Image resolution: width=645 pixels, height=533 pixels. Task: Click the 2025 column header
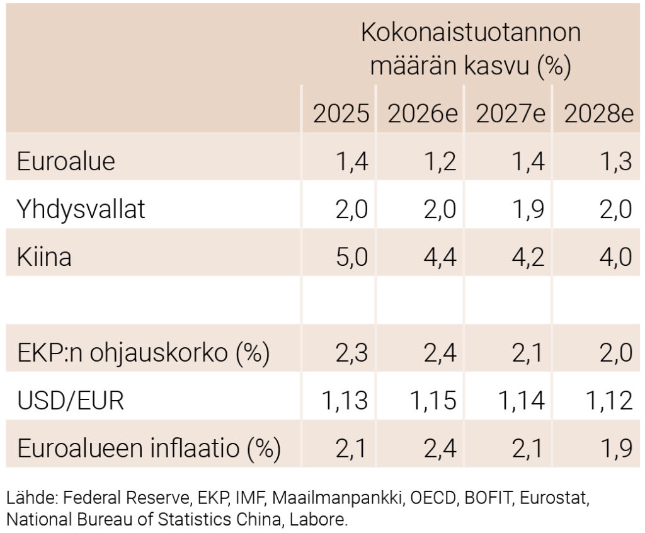click(x=341, y=114)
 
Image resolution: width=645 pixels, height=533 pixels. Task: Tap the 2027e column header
click(x=510, y=114)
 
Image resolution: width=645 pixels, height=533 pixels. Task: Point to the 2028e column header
click(x=598, y=114)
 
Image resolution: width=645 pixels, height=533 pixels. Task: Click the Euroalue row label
click(x=66, y=161)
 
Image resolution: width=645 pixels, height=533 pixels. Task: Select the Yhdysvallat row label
click(x=81, y=209)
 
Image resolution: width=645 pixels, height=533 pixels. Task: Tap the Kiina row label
click(x=44, y=257)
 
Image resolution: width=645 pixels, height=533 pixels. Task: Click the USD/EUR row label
click(x=71, y=401)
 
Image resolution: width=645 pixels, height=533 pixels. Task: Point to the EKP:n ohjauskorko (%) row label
click(x=143, y=353)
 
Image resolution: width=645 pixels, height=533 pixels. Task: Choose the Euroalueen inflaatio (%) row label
click(x=149, y=449)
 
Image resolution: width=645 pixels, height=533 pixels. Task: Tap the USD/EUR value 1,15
click(x=431, y=401)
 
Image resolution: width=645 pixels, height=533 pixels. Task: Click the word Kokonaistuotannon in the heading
click(x=471, y=33)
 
